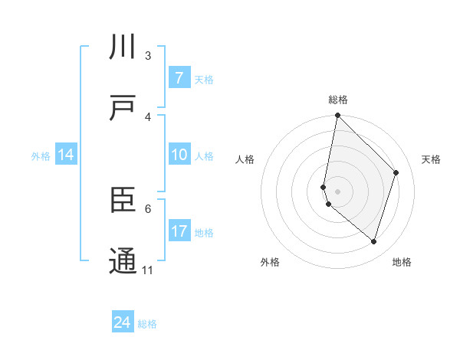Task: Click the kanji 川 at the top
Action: pyautogui.click(x=123, y=48)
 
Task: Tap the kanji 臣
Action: pyautogui.click(x=123, y=201)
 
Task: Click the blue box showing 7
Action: pyautogui.click(x=179, y=78)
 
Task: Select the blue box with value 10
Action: pyautogui.click(x=179, y=155)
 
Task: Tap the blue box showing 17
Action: pyautogui.click(x=179, y=232)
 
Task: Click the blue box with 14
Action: pyautogui.click(x=66, y=155)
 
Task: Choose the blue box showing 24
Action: pyautogui.click(x=123, y=322)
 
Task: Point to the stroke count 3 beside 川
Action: pyautogui.click(x=148, y=55)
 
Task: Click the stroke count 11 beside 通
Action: pyautogui.click(x=148, y=270)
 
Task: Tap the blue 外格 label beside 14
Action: pyautogui.click(x=41, y=156)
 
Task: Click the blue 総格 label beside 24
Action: pyautogui.click(x=148, y=324)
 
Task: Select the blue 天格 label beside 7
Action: pyautogui.click(x=203, y=80)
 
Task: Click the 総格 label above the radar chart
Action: pyautogui.click(x=338, y=100)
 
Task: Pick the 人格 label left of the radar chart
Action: pyautogui.click(x=245, y=159)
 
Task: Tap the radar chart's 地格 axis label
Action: pyautogui.click(x=402, y=262)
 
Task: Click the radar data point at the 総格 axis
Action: pyautogui.click(x=337, y=115)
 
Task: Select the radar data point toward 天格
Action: pyautogui.click(x=396, y=172)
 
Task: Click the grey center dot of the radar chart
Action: pyautogui.click(x=337, y=191)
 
